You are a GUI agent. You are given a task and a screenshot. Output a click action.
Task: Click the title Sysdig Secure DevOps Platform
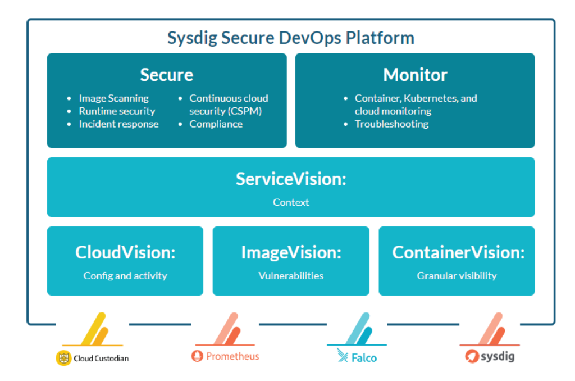pyautogui.click(x=291, y=38)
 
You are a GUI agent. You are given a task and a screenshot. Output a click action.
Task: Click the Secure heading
pyautogui.click(x=166, y=75)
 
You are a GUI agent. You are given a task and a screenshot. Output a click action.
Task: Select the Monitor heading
pyautogui.click(x=415, y=75)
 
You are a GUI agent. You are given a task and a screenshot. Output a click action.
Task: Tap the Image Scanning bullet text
pyautogui.click(x=113, y=98)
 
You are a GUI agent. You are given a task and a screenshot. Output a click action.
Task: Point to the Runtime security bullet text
pyautogui.click(x=117, y=111)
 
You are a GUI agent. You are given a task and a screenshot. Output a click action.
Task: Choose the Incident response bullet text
pyautogui.click(x=119, y=124)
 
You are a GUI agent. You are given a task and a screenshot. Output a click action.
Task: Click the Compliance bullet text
pyautogui.click(x=216, y=124)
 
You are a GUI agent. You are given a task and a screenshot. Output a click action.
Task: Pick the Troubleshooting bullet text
pyautogui.click(x=391, y=124)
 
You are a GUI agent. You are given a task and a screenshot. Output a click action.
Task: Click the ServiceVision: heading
pyautogui.click(x=291, y=179)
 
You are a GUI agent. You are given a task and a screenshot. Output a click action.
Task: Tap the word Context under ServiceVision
pyautogui.click(x=291, y=202)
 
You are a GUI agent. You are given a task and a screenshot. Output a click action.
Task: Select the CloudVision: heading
pyautogui.click(x=125, y=252)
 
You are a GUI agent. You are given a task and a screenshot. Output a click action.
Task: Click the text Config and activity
pyautogui.click(x=125, y=276)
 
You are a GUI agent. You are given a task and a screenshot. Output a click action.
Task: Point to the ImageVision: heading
pyautogui.click(x=291, y=252)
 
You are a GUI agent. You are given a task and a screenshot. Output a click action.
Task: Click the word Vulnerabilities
pyautogui.click(x=291, y=276)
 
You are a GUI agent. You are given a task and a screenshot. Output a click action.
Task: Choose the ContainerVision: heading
pyautogui.click(x=458, y=252)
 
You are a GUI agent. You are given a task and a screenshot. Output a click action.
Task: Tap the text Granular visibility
pyautogui.click(x=457, y=276)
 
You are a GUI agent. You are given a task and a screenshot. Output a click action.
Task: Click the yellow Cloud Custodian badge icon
pyautogui.click(x=63, y=358)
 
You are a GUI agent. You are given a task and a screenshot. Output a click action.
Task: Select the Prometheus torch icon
pyautogui.click(x=197, y=356)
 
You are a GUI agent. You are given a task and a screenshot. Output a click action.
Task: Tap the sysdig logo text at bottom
pyautogui.click(x=498, y=356)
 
